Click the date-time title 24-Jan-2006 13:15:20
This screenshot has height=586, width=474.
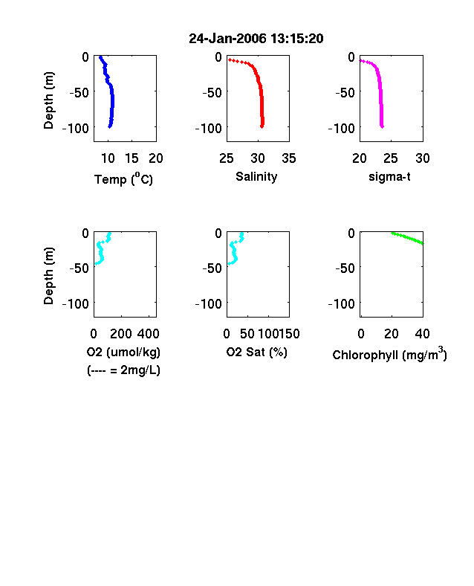coord(256,39)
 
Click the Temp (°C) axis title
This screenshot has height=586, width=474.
coord(123,178)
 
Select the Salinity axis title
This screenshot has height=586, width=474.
coord(256,176)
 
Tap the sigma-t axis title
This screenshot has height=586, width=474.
coord(389,176)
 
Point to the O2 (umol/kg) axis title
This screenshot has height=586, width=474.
coord(123,352)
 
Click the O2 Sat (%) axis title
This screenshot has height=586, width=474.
coord(257,352)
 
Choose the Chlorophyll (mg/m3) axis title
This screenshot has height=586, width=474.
coord(389,354)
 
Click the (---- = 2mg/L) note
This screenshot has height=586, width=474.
coord(123,370)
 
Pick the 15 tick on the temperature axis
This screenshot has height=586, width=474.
coord(132,158)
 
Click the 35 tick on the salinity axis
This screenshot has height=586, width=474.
coord(289,158)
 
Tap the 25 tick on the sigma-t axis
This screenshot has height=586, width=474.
coord(390,158)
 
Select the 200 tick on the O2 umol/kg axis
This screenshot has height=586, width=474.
coord(121,334)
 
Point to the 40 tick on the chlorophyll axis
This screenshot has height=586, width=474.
coord(422,334)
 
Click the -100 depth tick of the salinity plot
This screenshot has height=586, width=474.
coord(208,128)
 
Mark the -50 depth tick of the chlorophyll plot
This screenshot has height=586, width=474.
coord(345,268)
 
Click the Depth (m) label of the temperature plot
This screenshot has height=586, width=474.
coord(48,100)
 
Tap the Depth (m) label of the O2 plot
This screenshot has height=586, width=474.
coord(48,276)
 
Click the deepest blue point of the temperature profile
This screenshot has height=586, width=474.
coord(110,126)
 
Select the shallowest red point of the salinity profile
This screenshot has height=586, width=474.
coord(230,59)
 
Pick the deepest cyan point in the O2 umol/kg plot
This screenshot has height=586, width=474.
coord(96,263)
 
